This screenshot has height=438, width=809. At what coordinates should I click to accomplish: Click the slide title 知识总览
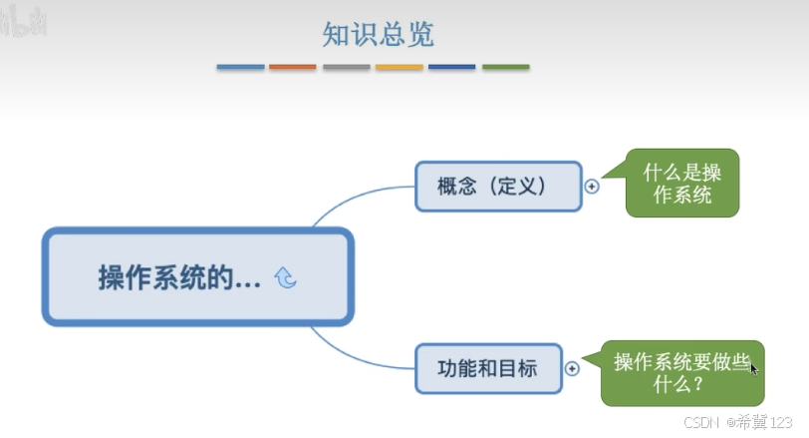tap(378, 35)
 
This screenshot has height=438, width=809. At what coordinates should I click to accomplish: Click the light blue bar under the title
tap(240, 68)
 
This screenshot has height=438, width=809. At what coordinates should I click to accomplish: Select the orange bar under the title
tap(293, 68)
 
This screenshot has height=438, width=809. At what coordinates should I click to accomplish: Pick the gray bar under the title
tap(346, 68)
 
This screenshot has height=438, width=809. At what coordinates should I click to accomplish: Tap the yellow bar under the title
tap(400, 68)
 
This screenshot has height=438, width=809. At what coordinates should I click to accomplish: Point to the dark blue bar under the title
tap(452, 68)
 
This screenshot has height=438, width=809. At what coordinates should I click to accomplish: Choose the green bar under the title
tap(506, 68)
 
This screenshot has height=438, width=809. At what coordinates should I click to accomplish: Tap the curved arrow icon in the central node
tap(285, 278)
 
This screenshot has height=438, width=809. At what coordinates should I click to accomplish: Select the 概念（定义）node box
tap(497, 187)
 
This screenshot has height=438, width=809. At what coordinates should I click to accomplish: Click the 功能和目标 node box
tap(488, 368)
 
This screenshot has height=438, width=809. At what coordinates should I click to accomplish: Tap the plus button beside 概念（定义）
tap(592, 187)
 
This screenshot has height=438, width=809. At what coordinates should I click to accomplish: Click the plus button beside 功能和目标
tap(572, 368)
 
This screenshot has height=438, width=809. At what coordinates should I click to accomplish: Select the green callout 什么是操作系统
tap(682, 184)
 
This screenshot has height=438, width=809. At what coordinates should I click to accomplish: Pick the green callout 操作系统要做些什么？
tap(681, 372)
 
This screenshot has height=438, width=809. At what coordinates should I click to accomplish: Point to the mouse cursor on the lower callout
tap(754, 368)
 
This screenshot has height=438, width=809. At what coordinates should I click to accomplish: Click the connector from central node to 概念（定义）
tap(349, 200)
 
